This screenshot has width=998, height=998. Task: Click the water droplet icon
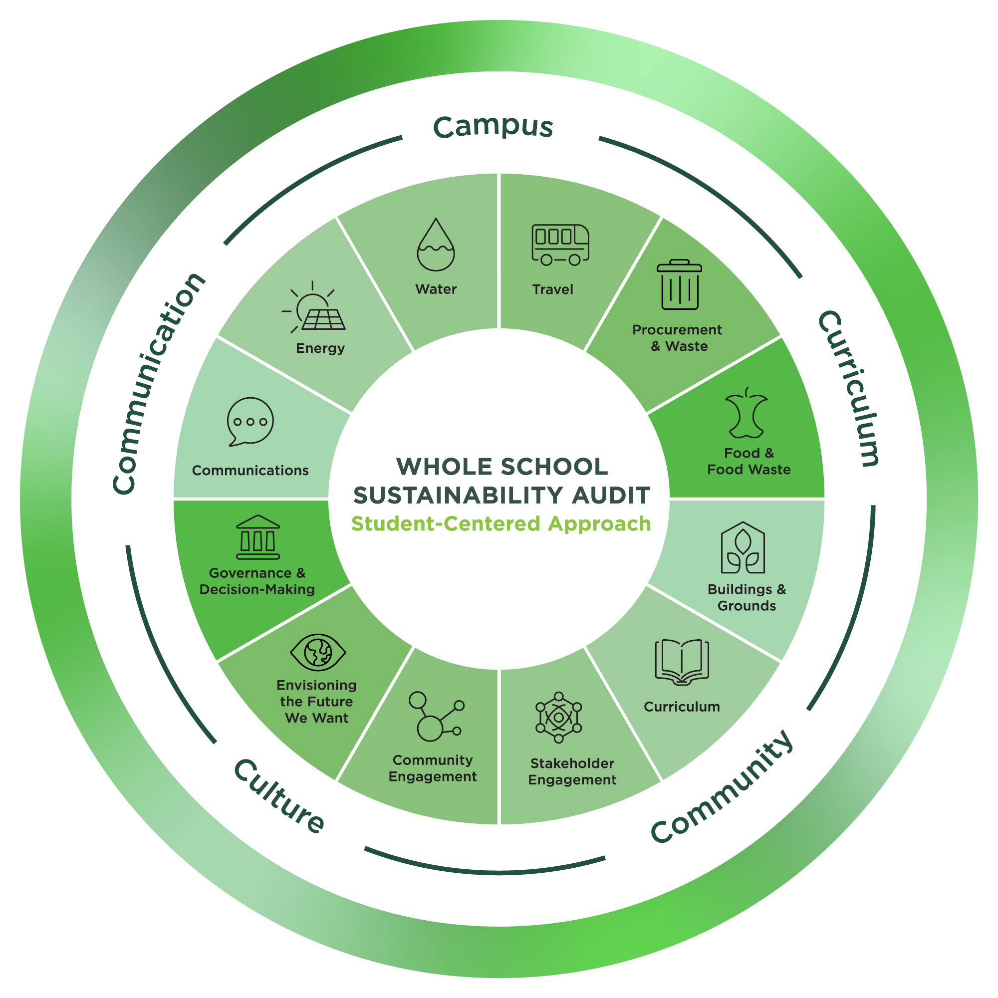(436, 245)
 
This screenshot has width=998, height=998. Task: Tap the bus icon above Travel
(560, 245)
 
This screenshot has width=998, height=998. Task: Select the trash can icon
(679, 284)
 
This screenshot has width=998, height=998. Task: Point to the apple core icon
(746, 412)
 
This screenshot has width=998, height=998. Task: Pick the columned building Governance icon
(258, 537)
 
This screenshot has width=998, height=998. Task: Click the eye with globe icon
(318, 652)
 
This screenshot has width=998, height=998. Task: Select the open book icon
(682, 662)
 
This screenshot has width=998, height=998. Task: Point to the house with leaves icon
(743, 548)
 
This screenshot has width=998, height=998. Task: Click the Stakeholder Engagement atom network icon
(558, 718)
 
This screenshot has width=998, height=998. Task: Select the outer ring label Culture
(279, 796)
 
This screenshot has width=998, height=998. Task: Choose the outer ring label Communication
(158, 383)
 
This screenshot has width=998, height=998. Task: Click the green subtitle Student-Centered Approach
(501, 524)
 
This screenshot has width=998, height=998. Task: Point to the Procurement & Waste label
(677, 338)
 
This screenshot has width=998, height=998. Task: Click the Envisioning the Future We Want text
(317, 702)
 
